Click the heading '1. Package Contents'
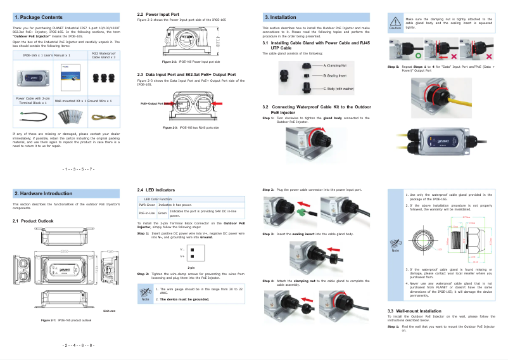(x=38, y=17)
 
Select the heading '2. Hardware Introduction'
(x=43, y=193)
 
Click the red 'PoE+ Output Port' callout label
(x=151, y=102)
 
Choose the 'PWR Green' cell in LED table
(x=147, y=205)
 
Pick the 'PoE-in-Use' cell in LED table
(x=147, y=214)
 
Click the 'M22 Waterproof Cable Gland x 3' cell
(x=103, y=56)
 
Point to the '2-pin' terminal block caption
(x=191, y=267)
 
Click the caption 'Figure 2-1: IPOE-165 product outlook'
(x=67, y=320)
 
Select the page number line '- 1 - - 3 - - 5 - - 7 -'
(x=79, y=169)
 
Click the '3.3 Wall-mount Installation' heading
(x=414, y=311)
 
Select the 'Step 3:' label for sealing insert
(x=269, y=234)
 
